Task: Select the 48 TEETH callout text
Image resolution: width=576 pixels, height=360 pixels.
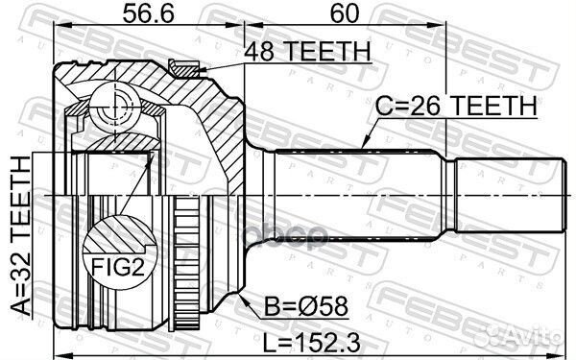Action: (306, 53)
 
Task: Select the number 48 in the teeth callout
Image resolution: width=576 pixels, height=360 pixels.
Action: (259, 53)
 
